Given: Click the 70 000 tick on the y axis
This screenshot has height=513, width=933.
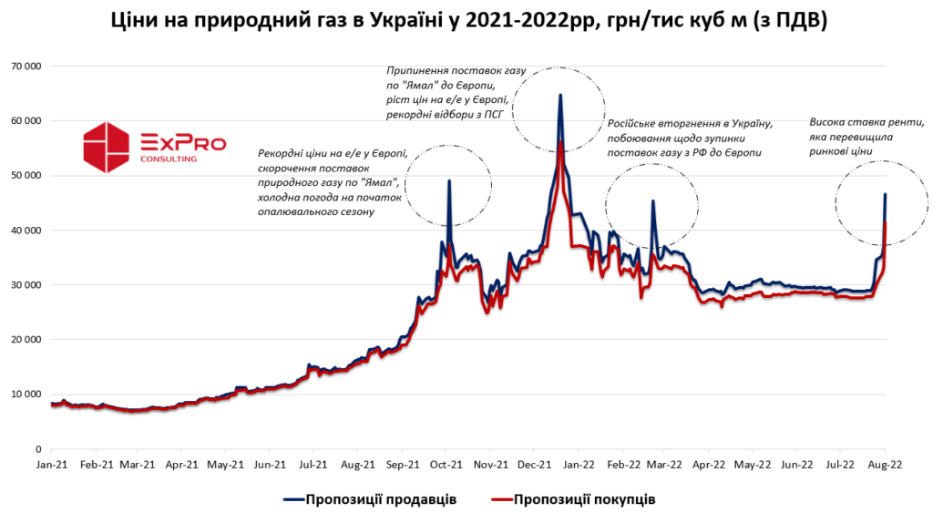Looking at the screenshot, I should point(26,67).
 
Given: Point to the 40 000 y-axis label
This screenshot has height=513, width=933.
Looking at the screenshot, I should point(26,231).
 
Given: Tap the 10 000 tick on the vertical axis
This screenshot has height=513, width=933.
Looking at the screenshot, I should point(26,395).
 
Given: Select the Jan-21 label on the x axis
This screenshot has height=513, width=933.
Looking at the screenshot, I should point(52,464).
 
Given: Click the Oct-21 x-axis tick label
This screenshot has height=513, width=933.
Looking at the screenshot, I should point(446,464).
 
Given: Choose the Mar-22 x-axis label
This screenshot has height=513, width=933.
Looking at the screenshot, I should point(663,464).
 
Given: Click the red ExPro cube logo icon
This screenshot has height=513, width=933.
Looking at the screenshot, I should point(108,147).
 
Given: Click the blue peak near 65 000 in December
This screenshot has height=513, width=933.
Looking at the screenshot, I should point(560,95).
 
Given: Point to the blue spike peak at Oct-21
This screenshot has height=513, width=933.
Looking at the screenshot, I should point(449,180).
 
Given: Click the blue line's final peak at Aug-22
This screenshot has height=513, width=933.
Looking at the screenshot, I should point(886,194).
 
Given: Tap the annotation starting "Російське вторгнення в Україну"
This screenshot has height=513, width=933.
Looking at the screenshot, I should point(691,139).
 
